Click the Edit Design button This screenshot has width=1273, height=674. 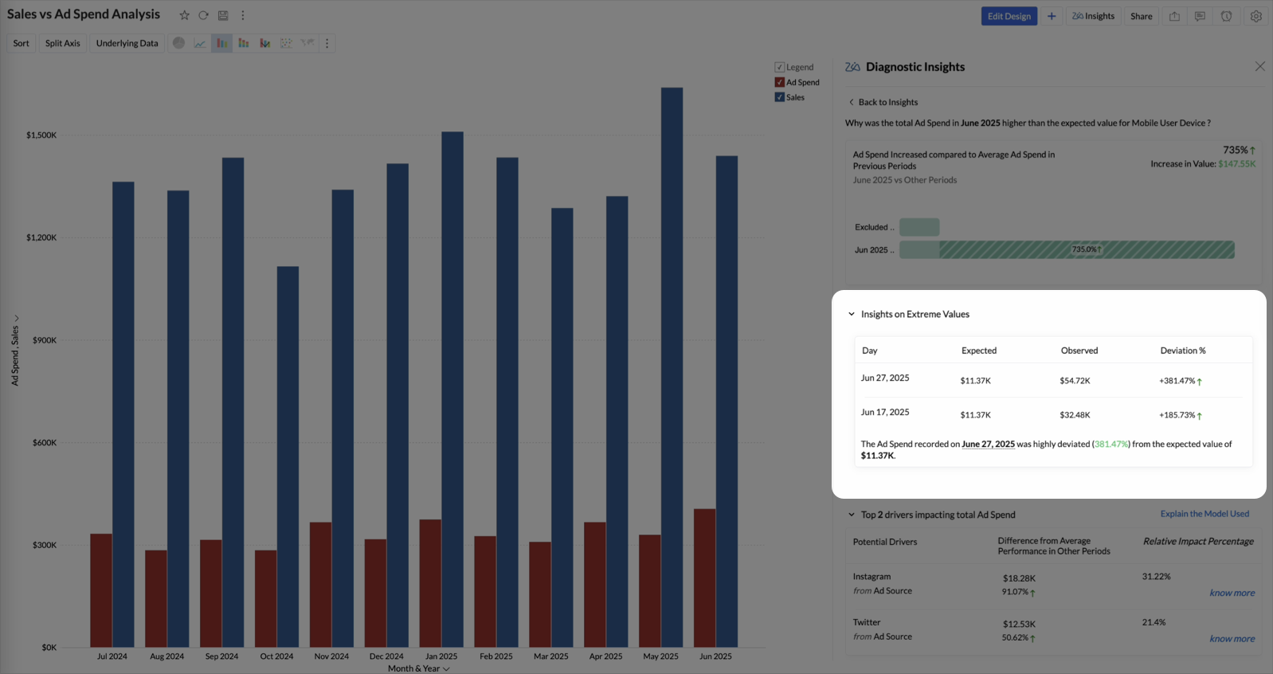click(1009, 16)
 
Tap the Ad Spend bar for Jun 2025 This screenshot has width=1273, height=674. click(704, 578)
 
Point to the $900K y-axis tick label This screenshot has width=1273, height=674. click(45, 340)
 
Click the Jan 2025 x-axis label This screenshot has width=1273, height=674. click(441, 656)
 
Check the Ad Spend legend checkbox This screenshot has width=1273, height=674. click(780, 82)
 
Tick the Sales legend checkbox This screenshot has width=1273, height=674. click(780, 97)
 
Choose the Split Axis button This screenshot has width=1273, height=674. click(62, 43)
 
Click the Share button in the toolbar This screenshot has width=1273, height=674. click(1141, 16)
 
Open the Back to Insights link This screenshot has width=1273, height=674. click(887, 102)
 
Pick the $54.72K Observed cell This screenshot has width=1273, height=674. click(1075, 381)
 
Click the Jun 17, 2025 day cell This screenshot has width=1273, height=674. click(884, 412)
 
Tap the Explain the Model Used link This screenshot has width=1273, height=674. click(1204, 514)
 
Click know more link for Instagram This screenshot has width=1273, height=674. click(1232, 593)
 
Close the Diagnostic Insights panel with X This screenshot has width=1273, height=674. click(1259, 66)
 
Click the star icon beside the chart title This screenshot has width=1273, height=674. click(184, 15)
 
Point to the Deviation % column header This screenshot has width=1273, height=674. click(1182, 351)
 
